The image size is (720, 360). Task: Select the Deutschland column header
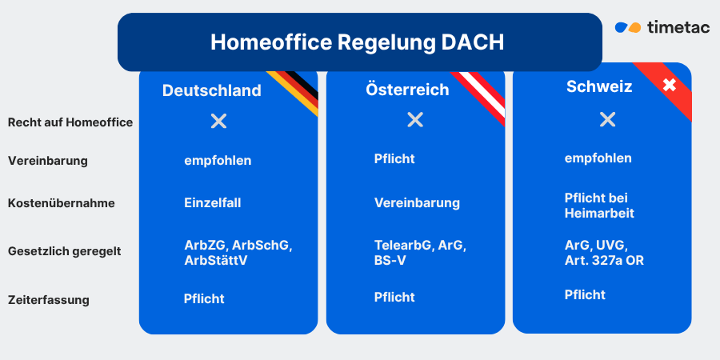(211, 90)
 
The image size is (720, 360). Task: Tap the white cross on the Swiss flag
(670, 84)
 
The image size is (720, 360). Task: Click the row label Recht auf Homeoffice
(70, 122)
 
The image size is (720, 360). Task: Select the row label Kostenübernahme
(62, 203)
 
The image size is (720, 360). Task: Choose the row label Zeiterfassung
(49, 300)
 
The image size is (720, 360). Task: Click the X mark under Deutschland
(218, 121)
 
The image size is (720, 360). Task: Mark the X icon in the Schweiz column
(607, 119)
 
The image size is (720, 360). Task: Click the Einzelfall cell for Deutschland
(212, 203)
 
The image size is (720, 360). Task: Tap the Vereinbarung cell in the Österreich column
(417, 203)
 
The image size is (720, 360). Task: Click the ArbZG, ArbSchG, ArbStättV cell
(238, 252)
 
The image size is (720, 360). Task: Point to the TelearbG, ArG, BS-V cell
(420, 252)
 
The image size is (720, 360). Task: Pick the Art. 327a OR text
(604, 260)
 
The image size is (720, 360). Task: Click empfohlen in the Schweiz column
(598, 158)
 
